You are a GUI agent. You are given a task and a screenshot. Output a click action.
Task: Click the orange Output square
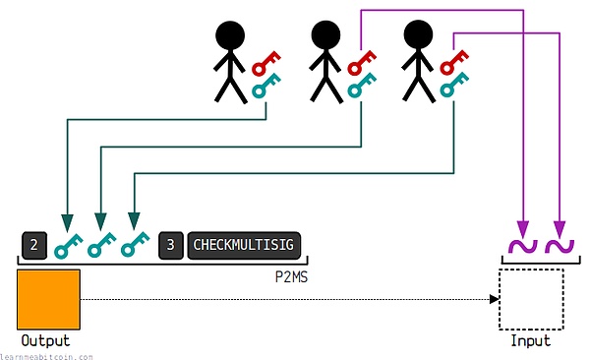point(48,300)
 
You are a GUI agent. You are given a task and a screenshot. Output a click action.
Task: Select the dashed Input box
point(531,299)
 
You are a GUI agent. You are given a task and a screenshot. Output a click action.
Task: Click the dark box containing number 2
point(33,243)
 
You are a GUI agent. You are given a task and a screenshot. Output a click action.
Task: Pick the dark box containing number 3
point(170,243)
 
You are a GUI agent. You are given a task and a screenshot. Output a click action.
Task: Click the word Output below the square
point(47,340)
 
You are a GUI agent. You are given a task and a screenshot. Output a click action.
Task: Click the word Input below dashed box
point(531,340)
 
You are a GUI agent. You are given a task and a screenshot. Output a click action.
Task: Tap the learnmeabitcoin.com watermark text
point(46,355)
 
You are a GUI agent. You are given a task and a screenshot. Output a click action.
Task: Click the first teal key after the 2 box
point(67,244)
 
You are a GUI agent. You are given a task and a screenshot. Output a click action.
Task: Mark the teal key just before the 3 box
point(134,244)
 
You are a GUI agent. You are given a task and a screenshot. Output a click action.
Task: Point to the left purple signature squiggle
point(521,245)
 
